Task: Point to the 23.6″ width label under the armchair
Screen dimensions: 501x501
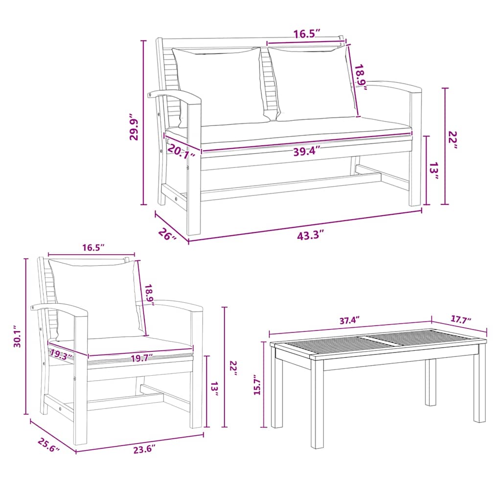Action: pos(143,449)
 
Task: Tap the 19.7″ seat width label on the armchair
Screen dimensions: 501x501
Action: pos(142,357)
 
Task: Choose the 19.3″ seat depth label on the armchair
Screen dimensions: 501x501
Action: pos(61,353)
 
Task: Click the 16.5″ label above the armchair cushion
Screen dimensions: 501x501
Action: pos(93,248)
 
